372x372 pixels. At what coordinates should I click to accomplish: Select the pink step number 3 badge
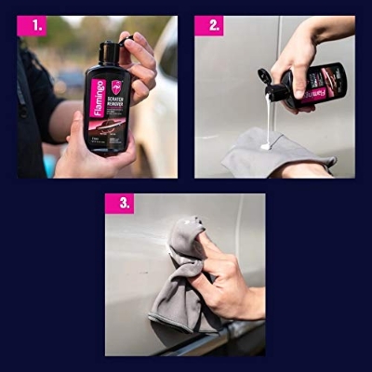click(x=119, y=204)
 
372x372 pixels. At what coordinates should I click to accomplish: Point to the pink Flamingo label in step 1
click(x=98, y=100)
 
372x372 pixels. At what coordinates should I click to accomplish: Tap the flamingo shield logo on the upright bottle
click(x=116, y=85)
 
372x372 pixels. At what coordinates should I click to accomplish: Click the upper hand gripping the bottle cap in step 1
click(x=139, y=60)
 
